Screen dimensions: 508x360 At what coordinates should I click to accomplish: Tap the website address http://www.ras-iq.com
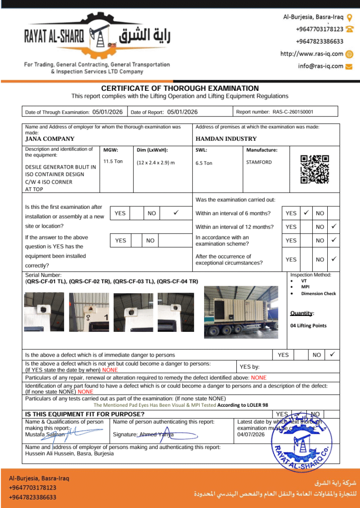[312, 54]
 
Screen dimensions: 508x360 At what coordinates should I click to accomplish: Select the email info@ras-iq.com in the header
[320, 65]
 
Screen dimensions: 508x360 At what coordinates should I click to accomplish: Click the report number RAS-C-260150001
[293, 112]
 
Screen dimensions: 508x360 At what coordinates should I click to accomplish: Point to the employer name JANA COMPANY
[50, 139]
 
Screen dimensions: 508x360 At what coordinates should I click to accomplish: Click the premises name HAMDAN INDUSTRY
[226, 139]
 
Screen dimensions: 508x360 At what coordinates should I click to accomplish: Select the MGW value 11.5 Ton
[113, 161]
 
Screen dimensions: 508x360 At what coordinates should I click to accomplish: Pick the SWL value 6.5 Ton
[204, 163]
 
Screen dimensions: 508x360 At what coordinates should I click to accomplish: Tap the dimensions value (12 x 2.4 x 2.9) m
[155, 163]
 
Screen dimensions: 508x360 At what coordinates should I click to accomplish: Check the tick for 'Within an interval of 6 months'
[306, 213]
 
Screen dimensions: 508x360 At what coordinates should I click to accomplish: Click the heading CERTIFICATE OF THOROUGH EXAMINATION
[180, 88]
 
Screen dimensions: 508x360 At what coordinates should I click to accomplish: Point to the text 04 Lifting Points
[308, 325]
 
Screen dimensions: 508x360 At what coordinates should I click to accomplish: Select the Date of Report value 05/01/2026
[183, 112]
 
